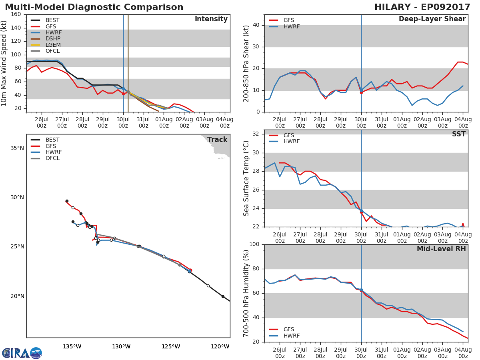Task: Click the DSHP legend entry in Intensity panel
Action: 46,39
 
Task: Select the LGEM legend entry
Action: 46,45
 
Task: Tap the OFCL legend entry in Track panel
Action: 45,158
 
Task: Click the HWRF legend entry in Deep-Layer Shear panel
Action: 284,26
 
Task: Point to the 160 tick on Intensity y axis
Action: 16,14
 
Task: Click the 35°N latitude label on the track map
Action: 17,148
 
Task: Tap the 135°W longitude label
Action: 72,347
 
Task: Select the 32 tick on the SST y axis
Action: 256,134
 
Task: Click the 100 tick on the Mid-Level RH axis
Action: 254,244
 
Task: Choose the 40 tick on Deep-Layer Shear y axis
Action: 256,25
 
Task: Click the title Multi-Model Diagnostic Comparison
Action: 94,7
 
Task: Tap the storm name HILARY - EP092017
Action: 422,7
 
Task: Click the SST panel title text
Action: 459,134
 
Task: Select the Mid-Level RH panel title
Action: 441,249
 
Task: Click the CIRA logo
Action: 22,353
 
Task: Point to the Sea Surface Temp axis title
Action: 246,178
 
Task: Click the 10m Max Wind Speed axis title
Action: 4,63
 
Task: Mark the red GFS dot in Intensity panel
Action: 123,94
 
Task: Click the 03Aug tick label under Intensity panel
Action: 204,122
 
